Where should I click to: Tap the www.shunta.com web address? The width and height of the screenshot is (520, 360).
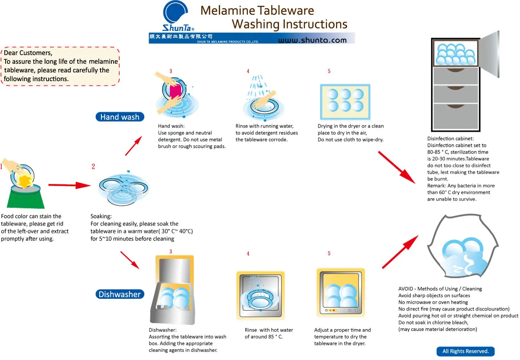pyautogui.click(x=312, y=40)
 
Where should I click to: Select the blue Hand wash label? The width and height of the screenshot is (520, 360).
pyautogui.click(x=120, y=117)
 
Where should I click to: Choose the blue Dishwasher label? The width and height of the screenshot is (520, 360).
pyautogui.click(x=120, y=295)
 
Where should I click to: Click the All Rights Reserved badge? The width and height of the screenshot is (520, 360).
pyautogui.click(x=465, y=351)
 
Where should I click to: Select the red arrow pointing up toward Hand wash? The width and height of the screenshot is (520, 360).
pyautogui.click(x=133, y=146)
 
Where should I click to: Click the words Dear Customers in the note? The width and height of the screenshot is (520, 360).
pyautogui.click(x=28, y=53)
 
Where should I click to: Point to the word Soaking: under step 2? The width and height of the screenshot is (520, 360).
pyautogui.click(x=101, y=216)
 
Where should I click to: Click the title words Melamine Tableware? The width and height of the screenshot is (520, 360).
pyautogui.click(x=257, y=10)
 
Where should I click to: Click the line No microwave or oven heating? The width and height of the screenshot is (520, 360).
pyautogui.click(x=433, y=302)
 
